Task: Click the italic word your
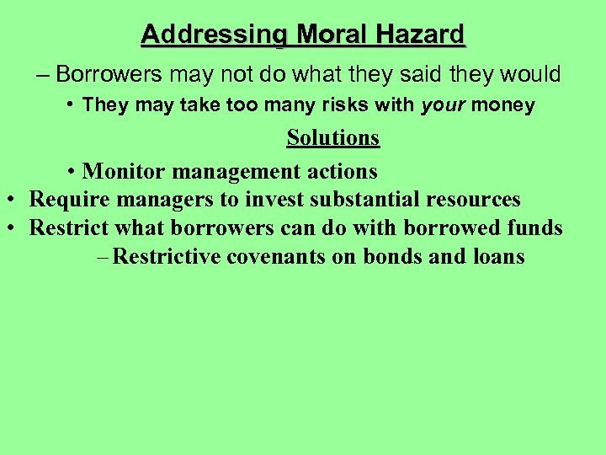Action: (x=443, y=105)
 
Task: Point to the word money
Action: (x=502, y=105)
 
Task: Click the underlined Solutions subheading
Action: (x=332, y=137)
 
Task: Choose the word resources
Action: (x=474, y=201)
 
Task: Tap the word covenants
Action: (x=276, y=257)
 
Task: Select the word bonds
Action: (x=393, y=257)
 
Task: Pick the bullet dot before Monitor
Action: (x=74, y=172)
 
